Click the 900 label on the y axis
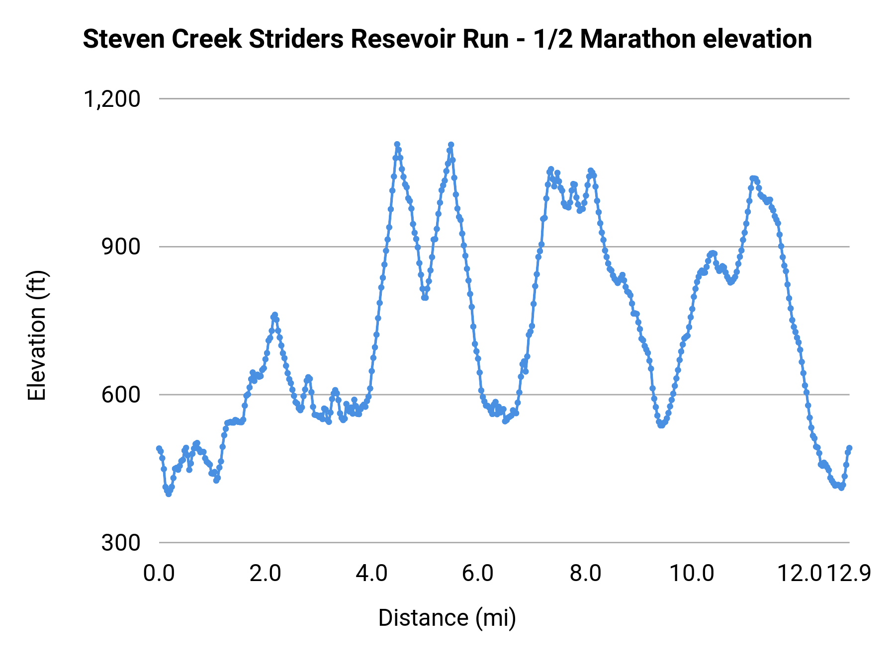pyautogui.click(x=121, y=247)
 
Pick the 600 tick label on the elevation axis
pyautogui.click(x=121, y=395)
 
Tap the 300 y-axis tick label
pyautogui.click(x=121, y=543)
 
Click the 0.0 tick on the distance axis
pyautogui.click(x=159, y=573)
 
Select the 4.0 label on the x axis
pyautogui.click(x=372, y=573)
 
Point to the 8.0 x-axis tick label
pyautogui.click(x=585, y=573)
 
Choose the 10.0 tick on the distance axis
pyautogui.click(x=692, y=573)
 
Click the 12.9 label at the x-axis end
pyautogui.click(x=849, y=573)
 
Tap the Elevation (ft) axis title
pyautogui.click(x=37, y=335)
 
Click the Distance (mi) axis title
pyautogui.click(x=447, y=618)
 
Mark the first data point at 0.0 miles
pyautogui.click(x=159, y=448)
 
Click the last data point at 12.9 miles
pyautogui.click(x=849, y=448)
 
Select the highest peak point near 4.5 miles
pyautogui.click(x=397, y=144)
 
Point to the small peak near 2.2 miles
pyautogui.click(x=274, y=315)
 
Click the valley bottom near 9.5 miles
pyautogui.click(x=661, y=425)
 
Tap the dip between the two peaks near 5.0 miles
pyautogui.click(x=425, y=297)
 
